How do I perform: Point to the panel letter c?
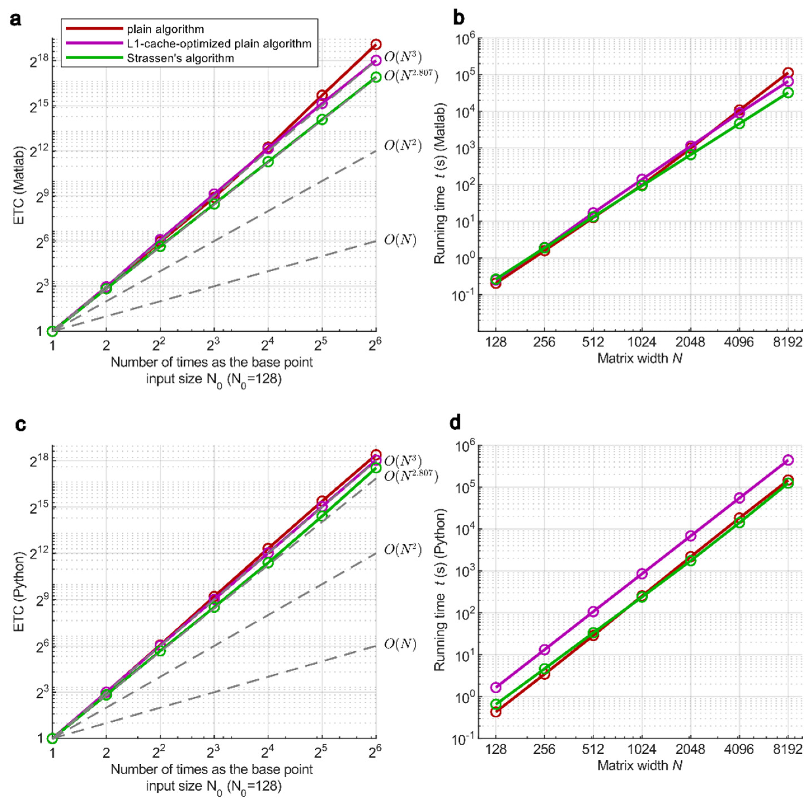click(20, 425)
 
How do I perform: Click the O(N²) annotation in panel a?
click(402, 145)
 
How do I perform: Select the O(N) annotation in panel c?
click(400, 644)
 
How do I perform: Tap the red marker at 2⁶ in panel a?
click(376, 44)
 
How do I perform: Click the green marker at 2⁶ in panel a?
click(376, 77)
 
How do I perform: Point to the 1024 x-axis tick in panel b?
click(641, 342)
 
